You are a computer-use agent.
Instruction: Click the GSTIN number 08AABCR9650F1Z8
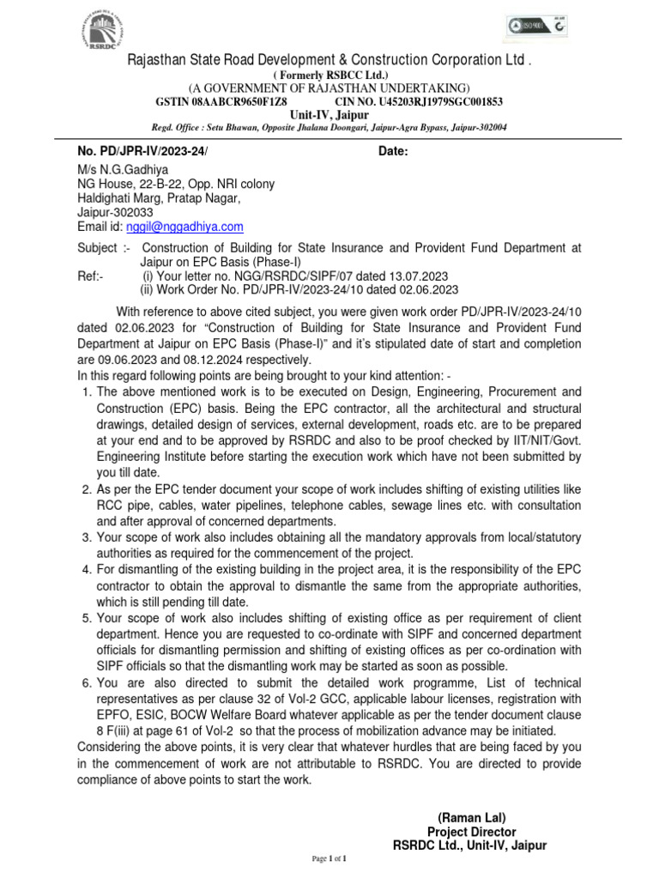[209, 100]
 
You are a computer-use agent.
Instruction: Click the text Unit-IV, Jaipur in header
[329, 113]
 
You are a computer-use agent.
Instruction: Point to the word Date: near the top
[393, 152]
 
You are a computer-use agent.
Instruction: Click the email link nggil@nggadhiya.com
[184, 227]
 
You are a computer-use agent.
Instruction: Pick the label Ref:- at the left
[90, 276]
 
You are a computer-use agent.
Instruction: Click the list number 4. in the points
[86, 569]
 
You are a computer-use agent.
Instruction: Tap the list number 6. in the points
[86, 682]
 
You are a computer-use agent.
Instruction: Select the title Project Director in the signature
[471, 832]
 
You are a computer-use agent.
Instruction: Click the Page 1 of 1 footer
[329, 858]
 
